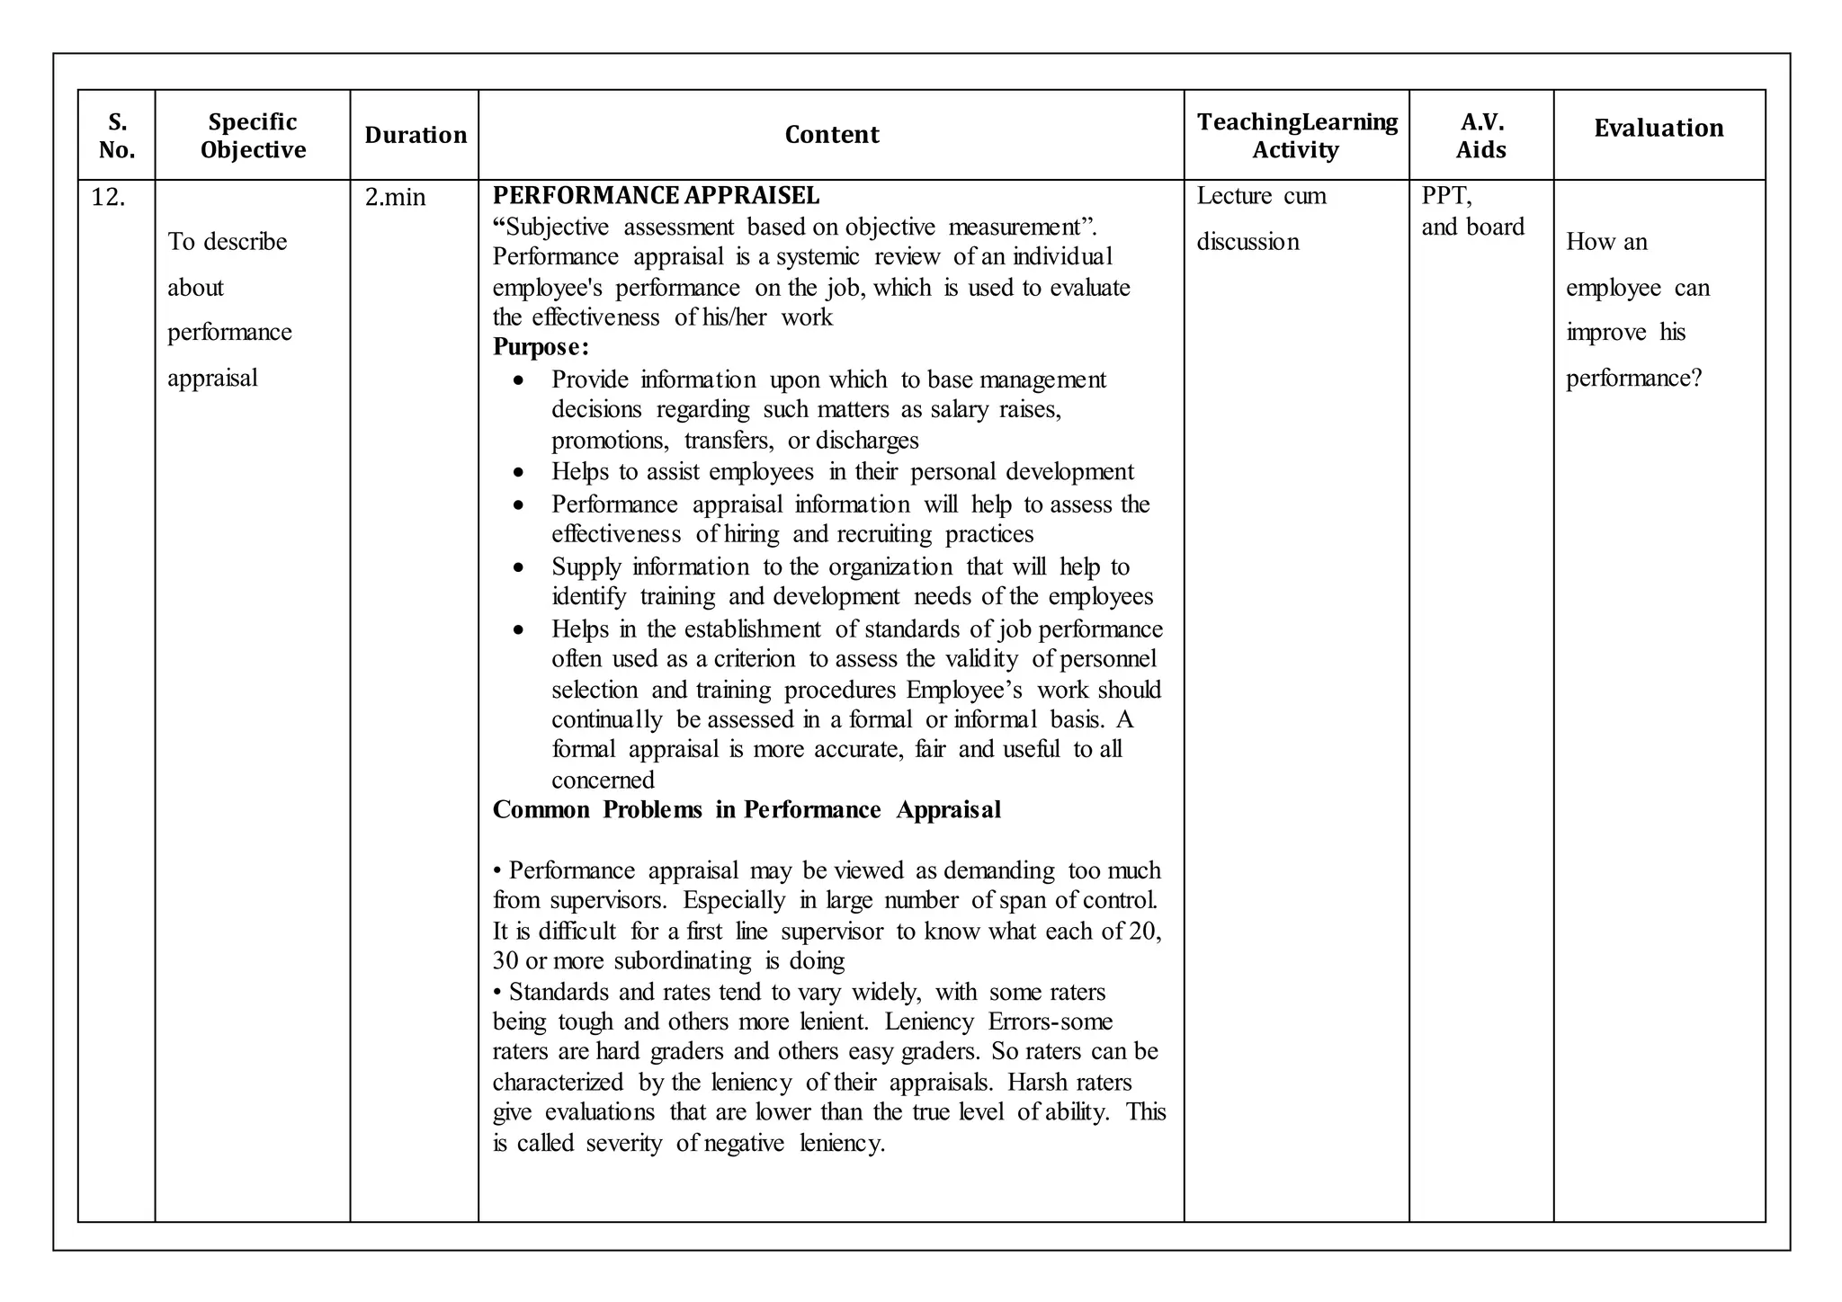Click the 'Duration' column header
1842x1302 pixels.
pos(416,135)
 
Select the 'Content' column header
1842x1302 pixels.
pos(831,135)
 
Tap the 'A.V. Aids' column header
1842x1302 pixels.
pos(1480,135)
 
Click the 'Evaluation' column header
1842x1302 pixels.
pos(1659,128)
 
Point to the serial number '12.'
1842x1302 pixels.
pos(108,197)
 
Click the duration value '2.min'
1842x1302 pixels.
pos(395,197)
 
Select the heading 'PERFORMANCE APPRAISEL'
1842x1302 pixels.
pos(656,195)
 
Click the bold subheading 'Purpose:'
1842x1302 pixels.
pos(541,347)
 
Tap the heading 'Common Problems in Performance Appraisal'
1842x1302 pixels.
pos(747,810)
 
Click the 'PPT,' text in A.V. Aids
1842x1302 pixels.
pos(1446,196)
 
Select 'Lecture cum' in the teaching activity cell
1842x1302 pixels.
pos(1261,196)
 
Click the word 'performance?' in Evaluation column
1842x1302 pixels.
pos(1634,378)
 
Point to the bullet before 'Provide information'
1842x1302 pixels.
pos(518,381)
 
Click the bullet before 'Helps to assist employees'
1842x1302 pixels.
pos(518,473)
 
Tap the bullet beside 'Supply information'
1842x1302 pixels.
pos(518,568)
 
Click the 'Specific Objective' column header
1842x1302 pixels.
pos(253,135)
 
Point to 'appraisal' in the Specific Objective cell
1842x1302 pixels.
pos(212,378)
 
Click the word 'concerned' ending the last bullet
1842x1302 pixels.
pos(603,780)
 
